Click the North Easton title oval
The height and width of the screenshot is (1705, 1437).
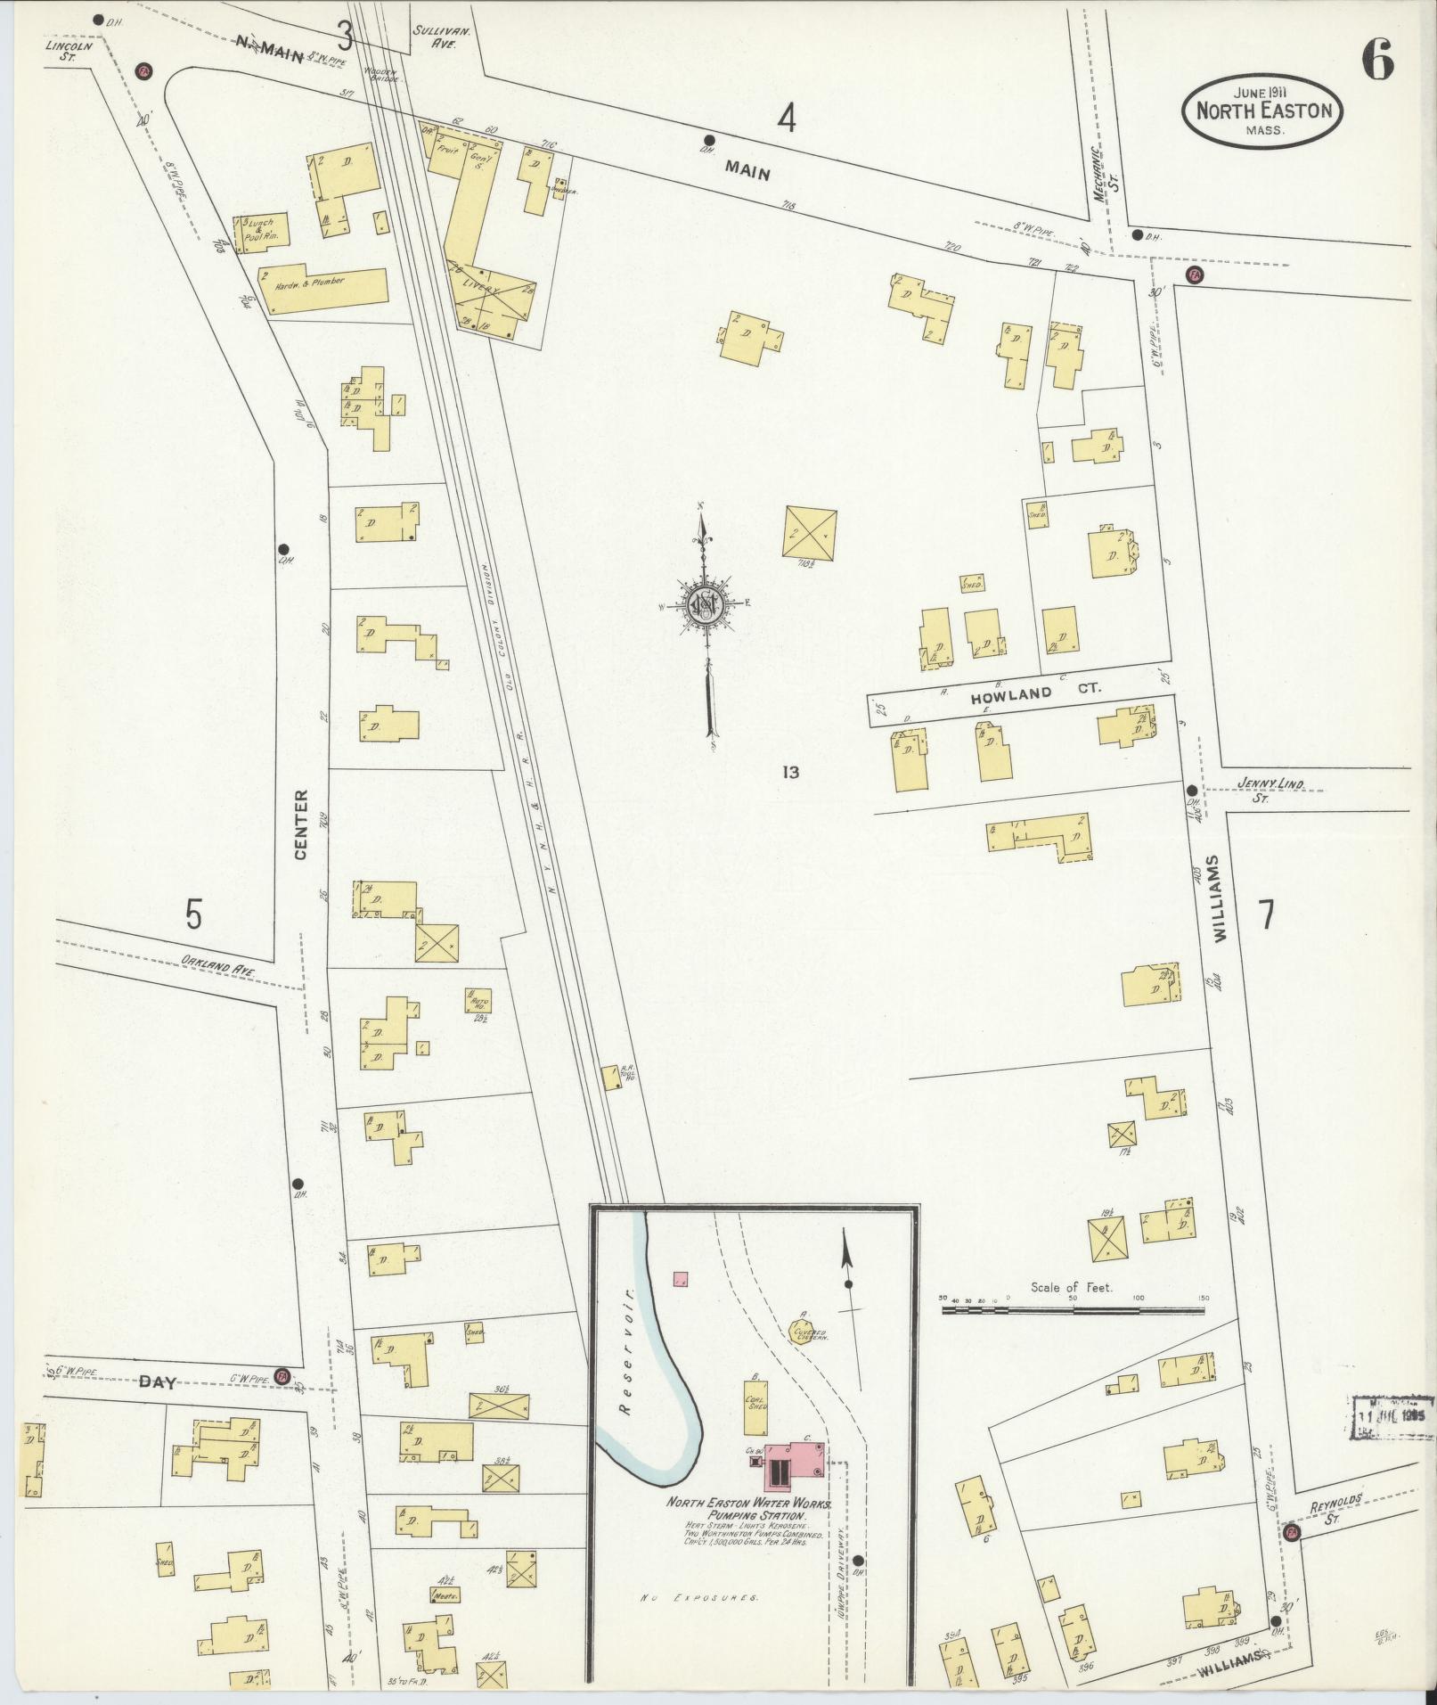tap(1262, 110)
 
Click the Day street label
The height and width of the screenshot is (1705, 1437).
tap(158, 1382)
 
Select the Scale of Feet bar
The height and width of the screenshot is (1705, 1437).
tap(1074, 1311)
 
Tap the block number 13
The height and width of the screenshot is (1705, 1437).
tap(789, 772)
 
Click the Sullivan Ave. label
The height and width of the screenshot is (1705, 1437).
tap(434, 36)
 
